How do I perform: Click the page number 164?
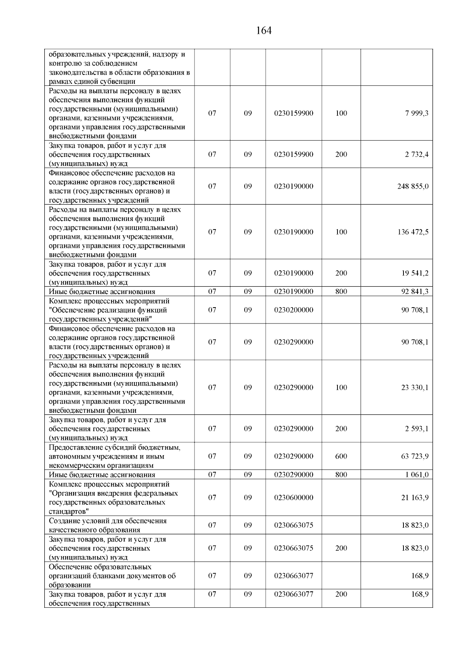(264, 31)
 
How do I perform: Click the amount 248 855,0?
(413, 186)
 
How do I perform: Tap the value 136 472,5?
(413, 232)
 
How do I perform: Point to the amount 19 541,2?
(415, 273)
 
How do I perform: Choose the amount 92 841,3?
(415, 292)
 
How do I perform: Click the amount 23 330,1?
(415, 388)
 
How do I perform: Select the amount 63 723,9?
(415, 456)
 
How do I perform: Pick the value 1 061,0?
(417, 475)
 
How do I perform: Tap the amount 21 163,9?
(415, 497)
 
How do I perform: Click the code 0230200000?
(293, 310)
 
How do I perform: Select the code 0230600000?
(293, 497)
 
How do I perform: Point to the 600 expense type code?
(341, 456)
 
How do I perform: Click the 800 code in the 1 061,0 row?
(341, 475)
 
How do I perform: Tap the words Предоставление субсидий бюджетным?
(115, 447)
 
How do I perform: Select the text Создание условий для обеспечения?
(108, 521)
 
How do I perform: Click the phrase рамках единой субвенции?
(92, 82)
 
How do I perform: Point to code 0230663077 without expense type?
(293, 576)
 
